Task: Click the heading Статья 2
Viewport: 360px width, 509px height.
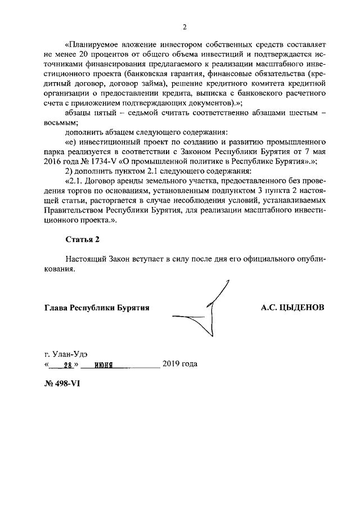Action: click(x=82, y=238)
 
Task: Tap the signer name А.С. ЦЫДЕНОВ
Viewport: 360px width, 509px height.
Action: click(x=292, y=308)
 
